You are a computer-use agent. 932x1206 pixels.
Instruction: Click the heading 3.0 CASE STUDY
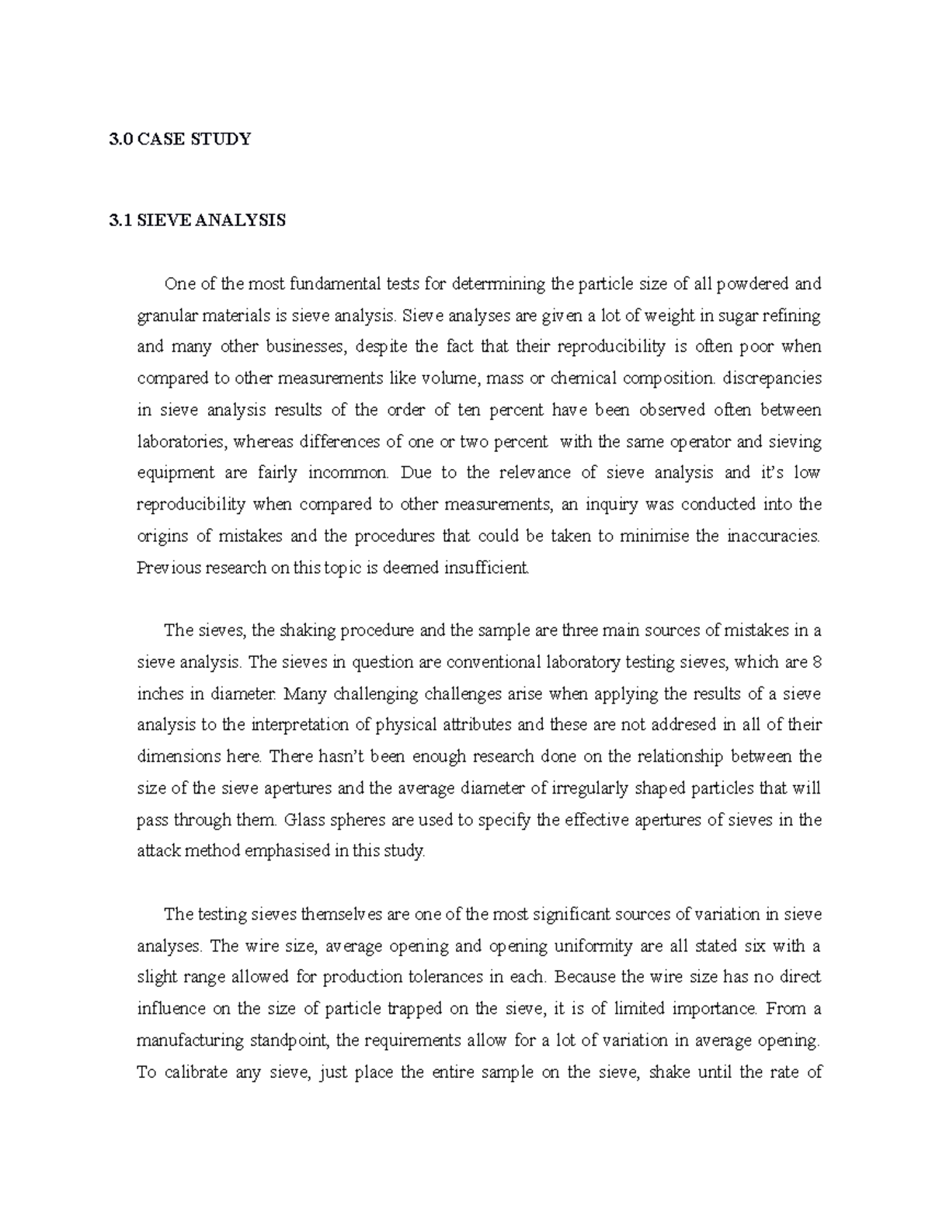[x=180, y=140]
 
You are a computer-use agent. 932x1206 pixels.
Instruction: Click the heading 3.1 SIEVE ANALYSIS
[x=197, y=221]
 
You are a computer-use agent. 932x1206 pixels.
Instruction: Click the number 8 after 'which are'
[x=815, y=662]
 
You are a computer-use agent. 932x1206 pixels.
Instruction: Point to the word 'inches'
[x=158, y=693]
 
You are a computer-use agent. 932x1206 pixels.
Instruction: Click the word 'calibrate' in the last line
[x=205, y=1072]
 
